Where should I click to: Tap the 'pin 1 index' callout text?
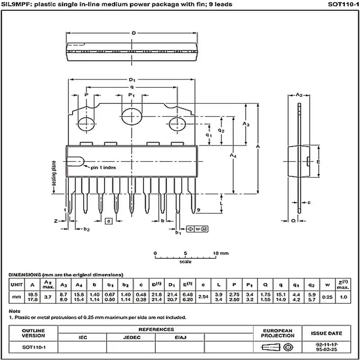(x=103, y=167)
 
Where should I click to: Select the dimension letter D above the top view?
(x=134, y=33)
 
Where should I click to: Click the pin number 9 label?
(x=198, y=210)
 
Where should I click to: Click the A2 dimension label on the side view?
(x=298, y=95)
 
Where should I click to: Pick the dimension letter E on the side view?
(x=318, y=162)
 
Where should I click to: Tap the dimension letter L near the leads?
(x=221, y=203)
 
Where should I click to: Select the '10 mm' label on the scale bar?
(x=221, y=253)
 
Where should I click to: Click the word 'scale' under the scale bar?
(x=185, y=261)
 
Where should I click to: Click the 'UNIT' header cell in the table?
(x=17, y=284)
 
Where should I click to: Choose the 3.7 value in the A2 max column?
(x=48, y=297)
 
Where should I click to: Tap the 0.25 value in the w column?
(x=328, y=297)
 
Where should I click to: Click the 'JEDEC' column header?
(x=131, y=337)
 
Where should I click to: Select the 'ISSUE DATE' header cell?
(x=326, y=333)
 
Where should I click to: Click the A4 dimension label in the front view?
(x=233, y=155)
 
